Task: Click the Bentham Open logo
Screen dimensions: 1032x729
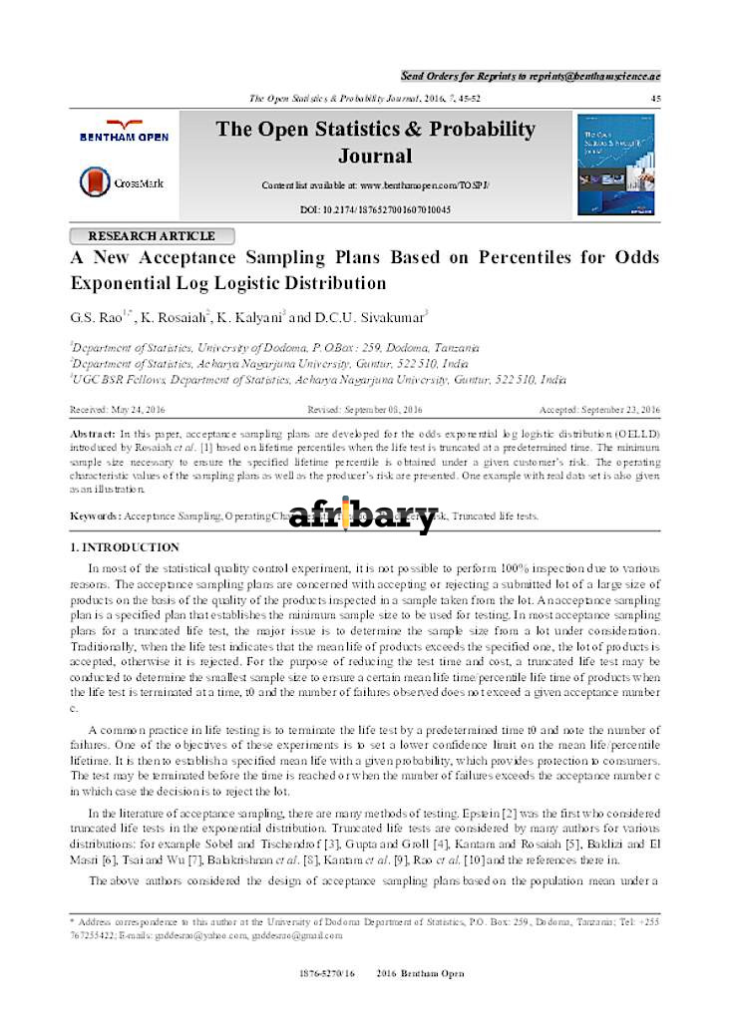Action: [x=125, y=131]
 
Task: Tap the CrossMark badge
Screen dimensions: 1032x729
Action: [x=123, y=182]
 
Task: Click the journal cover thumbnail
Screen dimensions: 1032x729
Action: [x=616, y=164]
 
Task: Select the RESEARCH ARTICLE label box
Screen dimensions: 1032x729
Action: [x=152, y=236]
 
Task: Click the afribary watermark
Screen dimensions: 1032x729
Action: [x=363, y=516]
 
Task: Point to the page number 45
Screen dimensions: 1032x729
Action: [x=655, y=98]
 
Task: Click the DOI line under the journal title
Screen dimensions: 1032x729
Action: [x=375, y=209]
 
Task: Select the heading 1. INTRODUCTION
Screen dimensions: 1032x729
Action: [x=125, y=548]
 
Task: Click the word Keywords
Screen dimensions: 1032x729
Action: [x=94, y=516]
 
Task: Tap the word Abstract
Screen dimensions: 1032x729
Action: [x=92, y=436]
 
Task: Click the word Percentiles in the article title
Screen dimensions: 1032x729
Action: [x=526, y=258]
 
